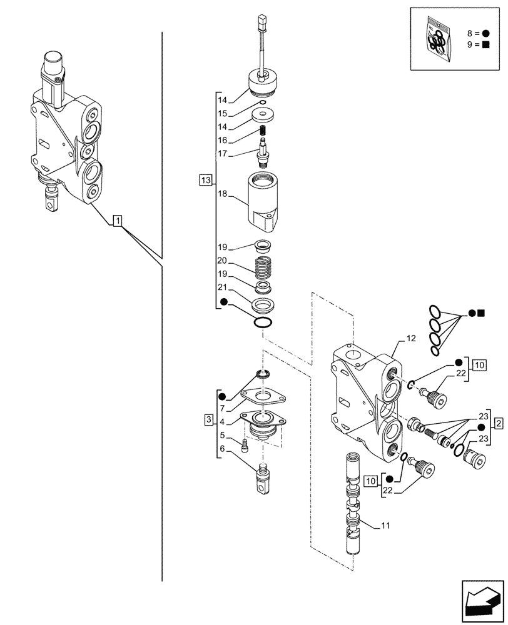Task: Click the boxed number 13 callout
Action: click(x=205, y=181)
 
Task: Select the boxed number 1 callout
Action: click(x=117, y=219)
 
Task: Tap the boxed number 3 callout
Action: click(x=208, y=419)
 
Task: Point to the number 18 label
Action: click(x=222, y=195)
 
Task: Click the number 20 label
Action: click(x=222, y=261)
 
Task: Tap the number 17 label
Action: click(x=222, y=154)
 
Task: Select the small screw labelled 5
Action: click(x=245, y=446)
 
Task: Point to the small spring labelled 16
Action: click(x=264, y=131)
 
